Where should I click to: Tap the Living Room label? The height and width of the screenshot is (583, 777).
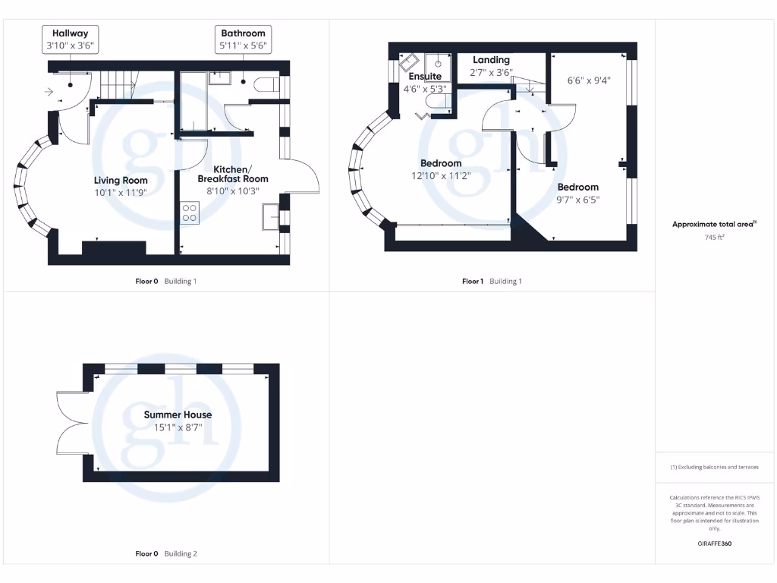pyautogui.click(x=121, y=181)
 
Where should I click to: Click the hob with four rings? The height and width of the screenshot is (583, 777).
pyautogui.click(x=190, y=213)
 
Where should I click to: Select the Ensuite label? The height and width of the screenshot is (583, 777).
pyautogui.click(x=425, y=77)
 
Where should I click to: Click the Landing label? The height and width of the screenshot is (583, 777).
pyautogui.click(x=491, y=60)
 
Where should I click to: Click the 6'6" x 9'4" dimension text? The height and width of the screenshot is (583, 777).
pyautogui.click(x=589, y=80)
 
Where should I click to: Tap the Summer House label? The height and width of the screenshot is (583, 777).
pyautogui.click(x=178, y=415)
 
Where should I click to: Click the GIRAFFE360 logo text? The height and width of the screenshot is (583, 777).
pyautogui.click(x=715, y=544)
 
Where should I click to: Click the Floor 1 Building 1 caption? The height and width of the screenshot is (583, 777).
pyautogui.click(x=492, y=282)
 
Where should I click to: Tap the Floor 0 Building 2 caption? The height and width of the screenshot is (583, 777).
pyautogui.click(x=165, y=554)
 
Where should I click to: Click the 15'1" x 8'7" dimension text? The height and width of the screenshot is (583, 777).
pyautogui.click(x=178, y=427)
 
